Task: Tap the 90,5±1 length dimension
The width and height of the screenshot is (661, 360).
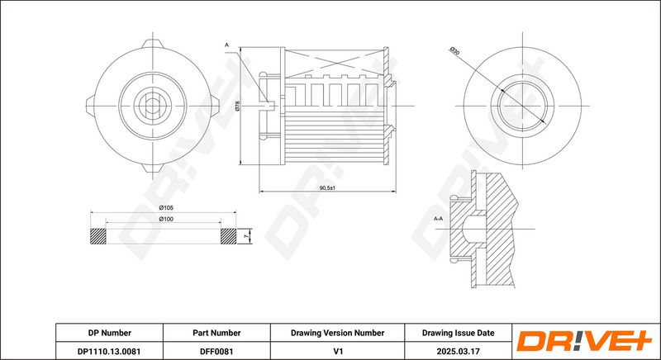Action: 327,187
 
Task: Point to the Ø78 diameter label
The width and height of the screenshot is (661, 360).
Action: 238,106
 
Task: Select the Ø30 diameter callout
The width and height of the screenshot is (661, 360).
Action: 454,52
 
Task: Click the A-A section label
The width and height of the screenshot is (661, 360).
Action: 439,219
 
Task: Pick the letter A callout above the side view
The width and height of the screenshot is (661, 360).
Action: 226,45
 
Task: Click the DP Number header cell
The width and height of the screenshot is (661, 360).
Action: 110,333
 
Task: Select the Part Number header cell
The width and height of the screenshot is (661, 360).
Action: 216,333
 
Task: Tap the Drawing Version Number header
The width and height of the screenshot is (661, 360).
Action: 337,333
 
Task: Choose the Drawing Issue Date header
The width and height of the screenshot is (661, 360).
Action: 459,333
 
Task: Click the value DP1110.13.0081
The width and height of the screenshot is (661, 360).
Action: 109,351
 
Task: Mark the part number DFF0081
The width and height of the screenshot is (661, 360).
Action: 216,351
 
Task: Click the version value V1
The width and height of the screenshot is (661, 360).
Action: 337,351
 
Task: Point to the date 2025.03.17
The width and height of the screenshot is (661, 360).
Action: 459,351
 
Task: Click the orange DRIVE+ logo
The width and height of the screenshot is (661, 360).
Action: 584,341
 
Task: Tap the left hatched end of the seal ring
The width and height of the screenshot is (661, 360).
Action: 98,237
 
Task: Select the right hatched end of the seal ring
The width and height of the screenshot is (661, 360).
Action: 229,237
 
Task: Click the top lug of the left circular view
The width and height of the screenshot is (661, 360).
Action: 152,44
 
